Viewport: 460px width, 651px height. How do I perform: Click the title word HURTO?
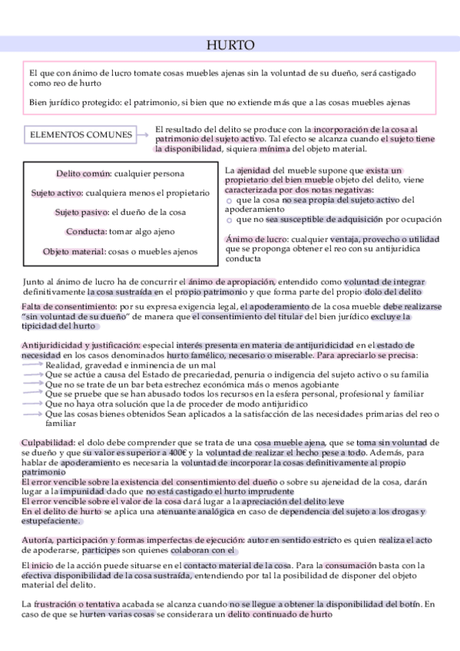pyautogui.click(x=230, y=46)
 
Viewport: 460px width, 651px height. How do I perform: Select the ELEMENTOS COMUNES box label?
pyautogui.click(x=81, y=135)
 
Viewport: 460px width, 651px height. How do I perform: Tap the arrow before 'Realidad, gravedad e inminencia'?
pyautogui.click(x=32, y=365)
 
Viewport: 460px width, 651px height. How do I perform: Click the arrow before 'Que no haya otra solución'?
pyautogui.click(x=32, y=403)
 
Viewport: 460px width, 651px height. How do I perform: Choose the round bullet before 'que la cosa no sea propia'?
pyautogui.click(x=230, y=200)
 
